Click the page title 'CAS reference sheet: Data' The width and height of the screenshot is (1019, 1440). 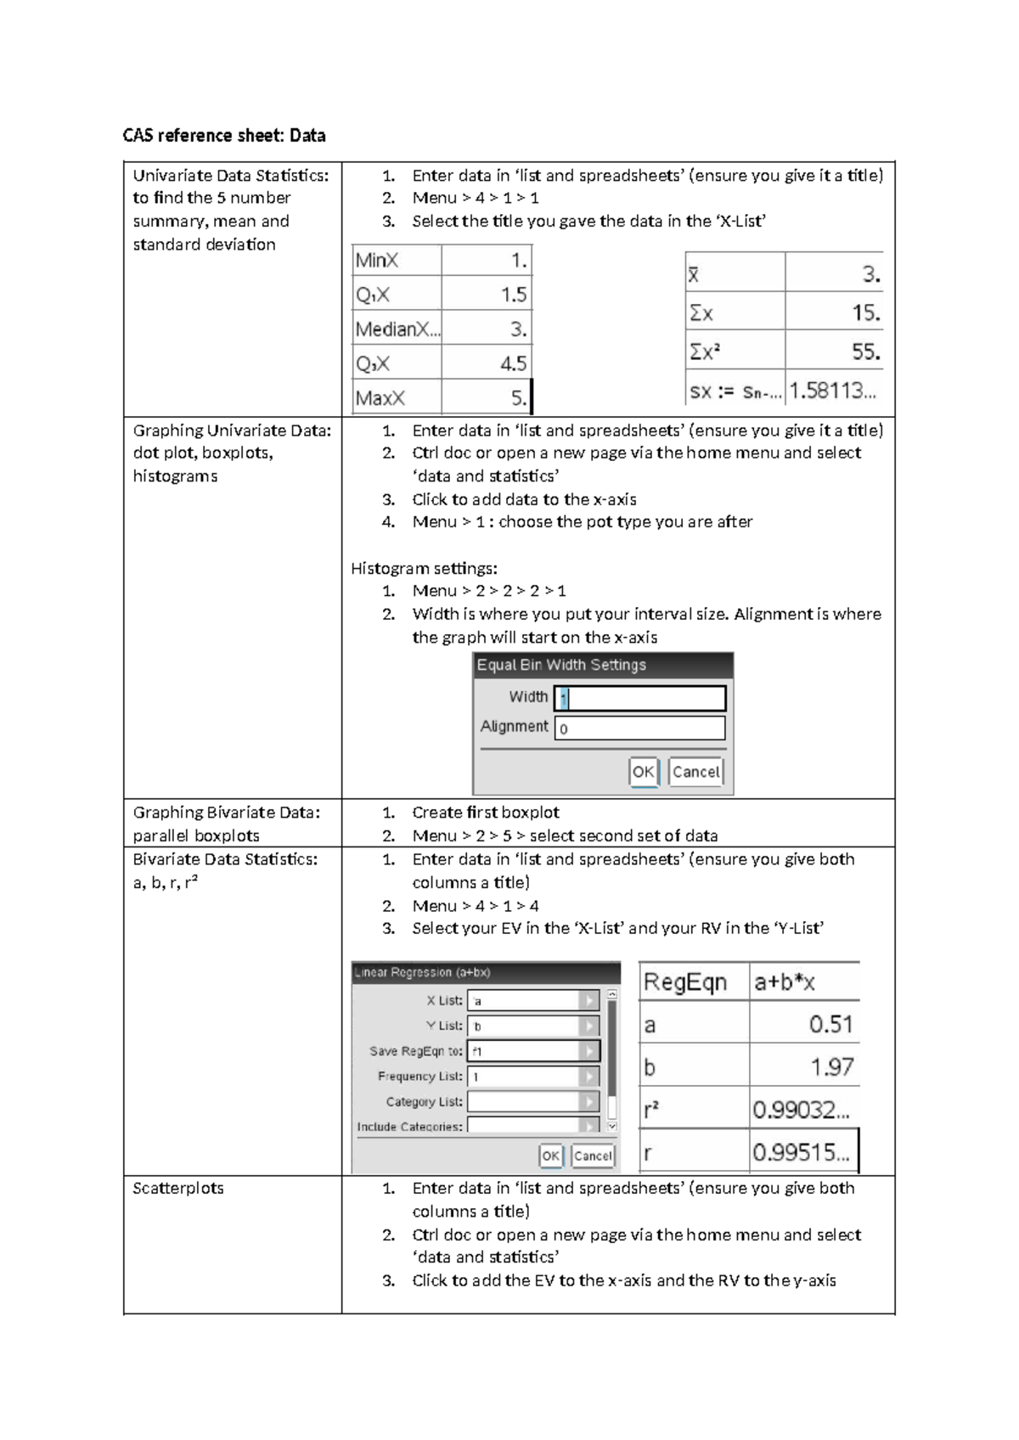[224, 136]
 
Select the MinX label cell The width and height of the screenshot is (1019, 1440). [396, 261]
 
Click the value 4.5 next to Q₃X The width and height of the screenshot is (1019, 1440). [487, 364]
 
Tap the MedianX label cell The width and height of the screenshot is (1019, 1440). [397, 329]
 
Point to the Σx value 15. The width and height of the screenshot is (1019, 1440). [834, 313]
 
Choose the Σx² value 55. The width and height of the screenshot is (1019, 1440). [834, 352]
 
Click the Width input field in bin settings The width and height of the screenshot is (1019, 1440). [640, 698]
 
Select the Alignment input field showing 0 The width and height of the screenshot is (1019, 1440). [640, 728]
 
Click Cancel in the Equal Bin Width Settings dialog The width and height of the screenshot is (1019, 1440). [695, 772]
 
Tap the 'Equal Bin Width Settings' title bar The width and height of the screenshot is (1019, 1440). [603, 665]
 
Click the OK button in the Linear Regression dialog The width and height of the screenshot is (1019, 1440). [550, 1156]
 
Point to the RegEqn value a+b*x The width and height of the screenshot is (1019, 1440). [803, 982]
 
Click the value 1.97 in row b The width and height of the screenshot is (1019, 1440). [804, 1067]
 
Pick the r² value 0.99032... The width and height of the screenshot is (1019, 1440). [803, 1110]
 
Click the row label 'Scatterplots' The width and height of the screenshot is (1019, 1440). [178, 1189]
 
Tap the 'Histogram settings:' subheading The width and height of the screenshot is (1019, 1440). [424, 569]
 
